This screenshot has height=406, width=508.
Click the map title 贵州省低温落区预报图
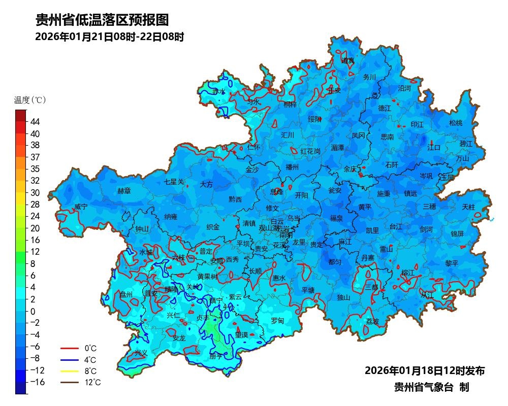(x=102, y=20)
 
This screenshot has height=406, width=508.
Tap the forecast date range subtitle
(x=109, y=37)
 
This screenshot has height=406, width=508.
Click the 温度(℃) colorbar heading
(x=30, y=100)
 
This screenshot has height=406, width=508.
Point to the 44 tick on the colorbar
(x=35, y=122)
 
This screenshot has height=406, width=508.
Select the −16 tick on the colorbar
(x=35, y=382)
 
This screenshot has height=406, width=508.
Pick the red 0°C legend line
(x=70, y=349)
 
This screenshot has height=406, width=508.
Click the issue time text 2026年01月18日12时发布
(x=424, y=370)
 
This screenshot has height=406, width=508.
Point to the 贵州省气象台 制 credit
(x=431, y=387)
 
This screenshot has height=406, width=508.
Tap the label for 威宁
(x=81, y=207)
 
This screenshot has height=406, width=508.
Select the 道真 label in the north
(x=348, y=60)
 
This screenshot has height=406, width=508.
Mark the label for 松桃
(x=456, y=123)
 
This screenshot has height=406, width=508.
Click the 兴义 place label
(x=141, y=353)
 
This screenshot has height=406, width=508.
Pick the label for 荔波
(x=372, y=322)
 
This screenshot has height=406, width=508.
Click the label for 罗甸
(x=277, y=321)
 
